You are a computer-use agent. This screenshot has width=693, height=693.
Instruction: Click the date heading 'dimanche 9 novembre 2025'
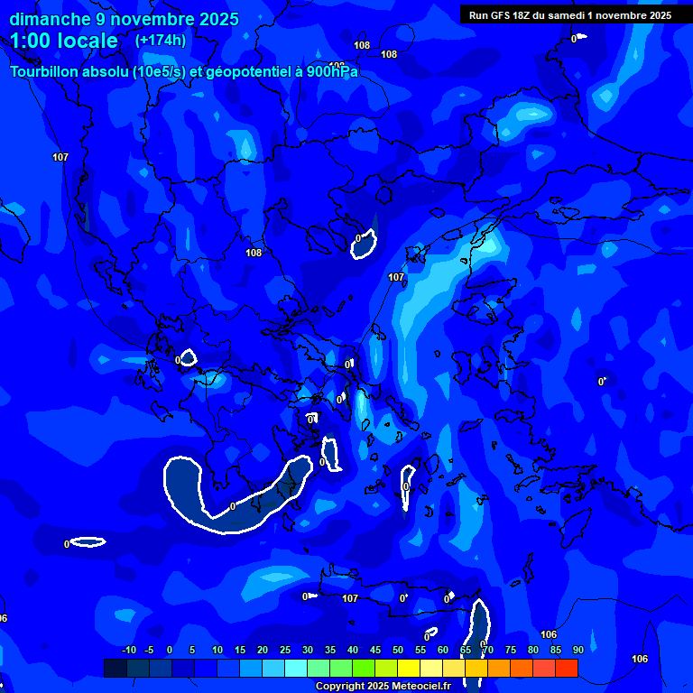point(124,19)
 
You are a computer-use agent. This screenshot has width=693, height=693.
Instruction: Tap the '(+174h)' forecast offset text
point(160,41)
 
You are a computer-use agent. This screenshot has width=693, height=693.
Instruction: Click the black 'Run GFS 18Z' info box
point(570,14)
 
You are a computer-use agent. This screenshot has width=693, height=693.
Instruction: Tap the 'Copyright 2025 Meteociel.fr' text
point(383,686)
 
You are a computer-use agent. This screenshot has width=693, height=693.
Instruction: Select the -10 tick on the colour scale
point(128,650)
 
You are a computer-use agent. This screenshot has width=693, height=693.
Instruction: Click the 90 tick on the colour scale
point(577,650)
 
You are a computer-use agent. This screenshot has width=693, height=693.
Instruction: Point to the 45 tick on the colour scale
point(375,650)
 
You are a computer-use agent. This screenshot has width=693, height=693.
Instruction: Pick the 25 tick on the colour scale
point(285,650)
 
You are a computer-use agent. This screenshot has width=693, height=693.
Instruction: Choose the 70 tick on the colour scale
point(488,650)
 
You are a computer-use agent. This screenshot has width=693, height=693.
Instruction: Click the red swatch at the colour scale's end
point(567,668)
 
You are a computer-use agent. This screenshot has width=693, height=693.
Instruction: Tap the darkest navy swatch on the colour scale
point(115,668)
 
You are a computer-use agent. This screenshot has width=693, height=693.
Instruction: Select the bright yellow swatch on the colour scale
point(409,668)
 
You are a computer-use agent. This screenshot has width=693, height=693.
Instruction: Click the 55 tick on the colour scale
point(420,650)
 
